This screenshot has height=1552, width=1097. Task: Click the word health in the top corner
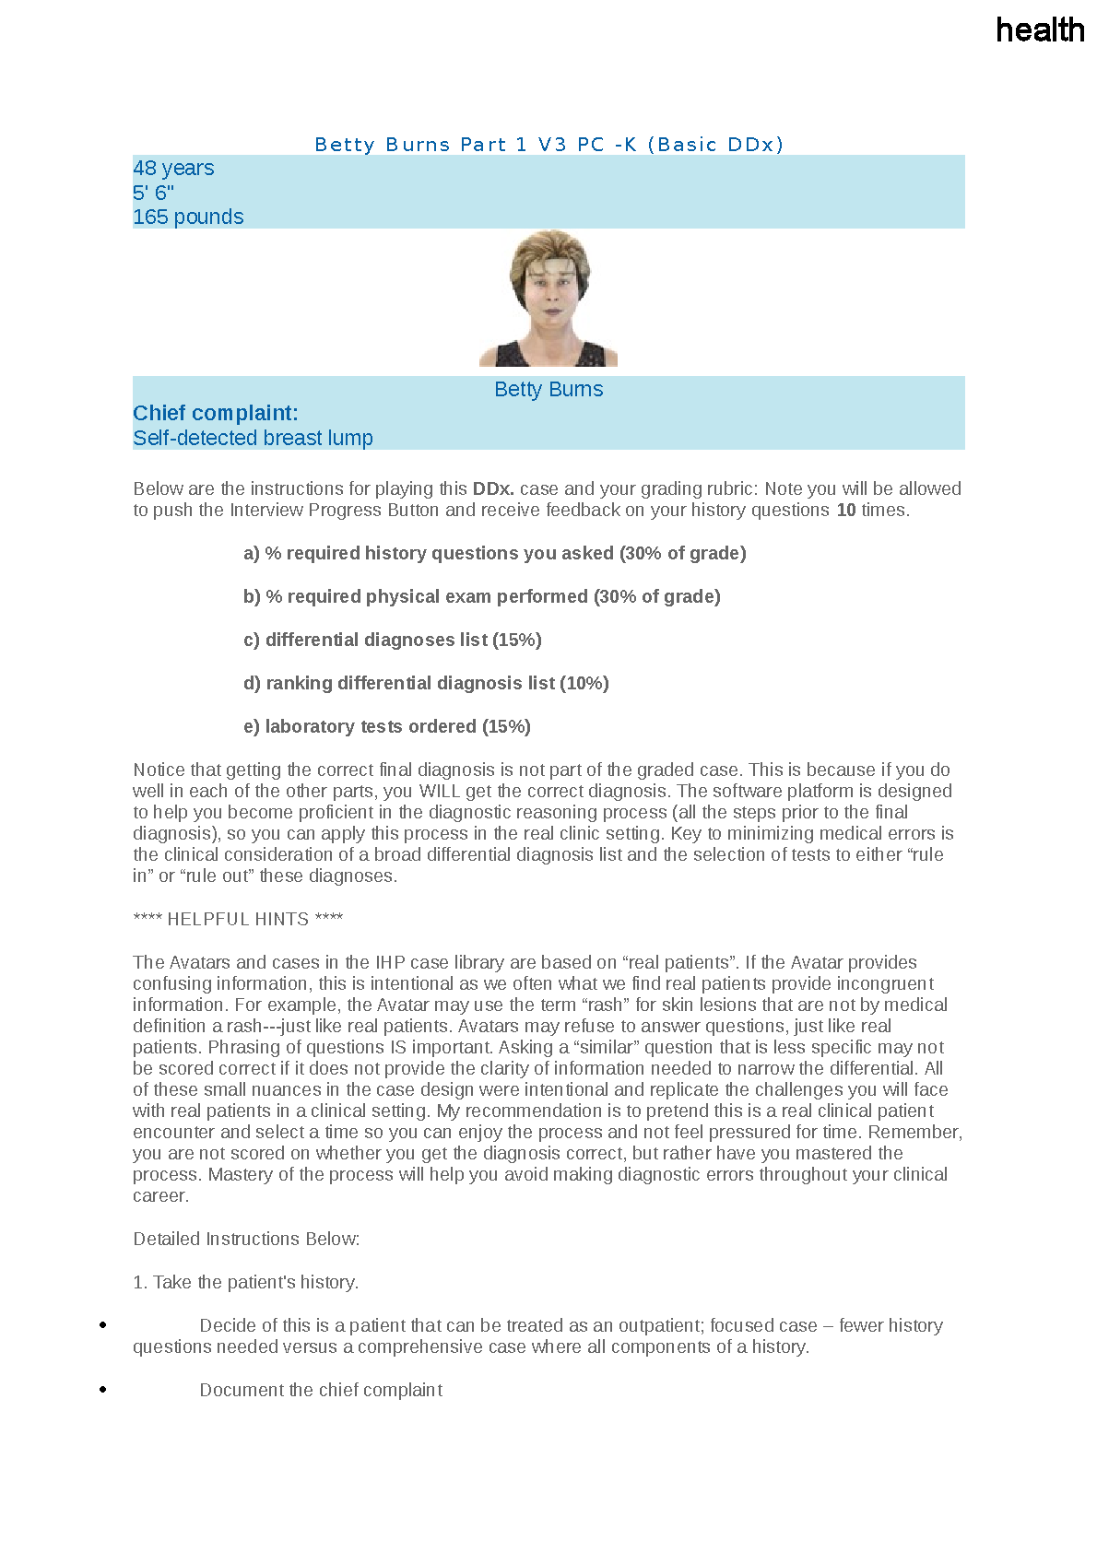tap(1040, 30)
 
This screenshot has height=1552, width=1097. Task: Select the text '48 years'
tap(173, 168)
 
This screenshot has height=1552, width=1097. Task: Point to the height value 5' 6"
tap(153, 193)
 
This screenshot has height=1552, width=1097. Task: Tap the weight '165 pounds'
tap(188, 217)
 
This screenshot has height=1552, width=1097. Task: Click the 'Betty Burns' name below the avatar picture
tap(548, 389)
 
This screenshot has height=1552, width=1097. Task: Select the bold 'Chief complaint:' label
tap(216, 413)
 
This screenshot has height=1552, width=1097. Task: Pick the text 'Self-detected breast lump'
tap(253, 438)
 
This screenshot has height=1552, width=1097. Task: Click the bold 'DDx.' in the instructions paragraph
tap(493, 488)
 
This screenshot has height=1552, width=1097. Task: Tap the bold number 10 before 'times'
tap(845, 510)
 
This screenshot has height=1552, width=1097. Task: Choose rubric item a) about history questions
tap(494, 553)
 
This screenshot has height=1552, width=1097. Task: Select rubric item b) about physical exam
tap(481, 596)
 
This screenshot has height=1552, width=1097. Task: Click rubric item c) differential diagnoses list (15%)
tap(392, 640)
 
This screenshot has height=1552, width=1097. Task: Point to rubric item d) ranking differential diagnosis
tap(426, 683)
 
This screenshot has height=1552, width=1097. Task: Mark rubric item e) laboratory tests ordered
tap(386, 726)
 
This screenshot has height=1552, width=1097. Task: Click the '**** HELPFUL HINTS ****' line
tap(238, 919)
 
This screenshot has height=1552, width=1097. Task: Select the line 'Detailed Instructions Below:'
tap(246, 1239)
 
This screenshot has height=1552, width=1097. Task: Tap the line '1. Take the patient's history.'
tap(245, 1282)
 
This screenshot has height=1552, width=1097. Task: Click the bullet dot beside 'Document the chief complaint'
tap(103, 1389)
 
